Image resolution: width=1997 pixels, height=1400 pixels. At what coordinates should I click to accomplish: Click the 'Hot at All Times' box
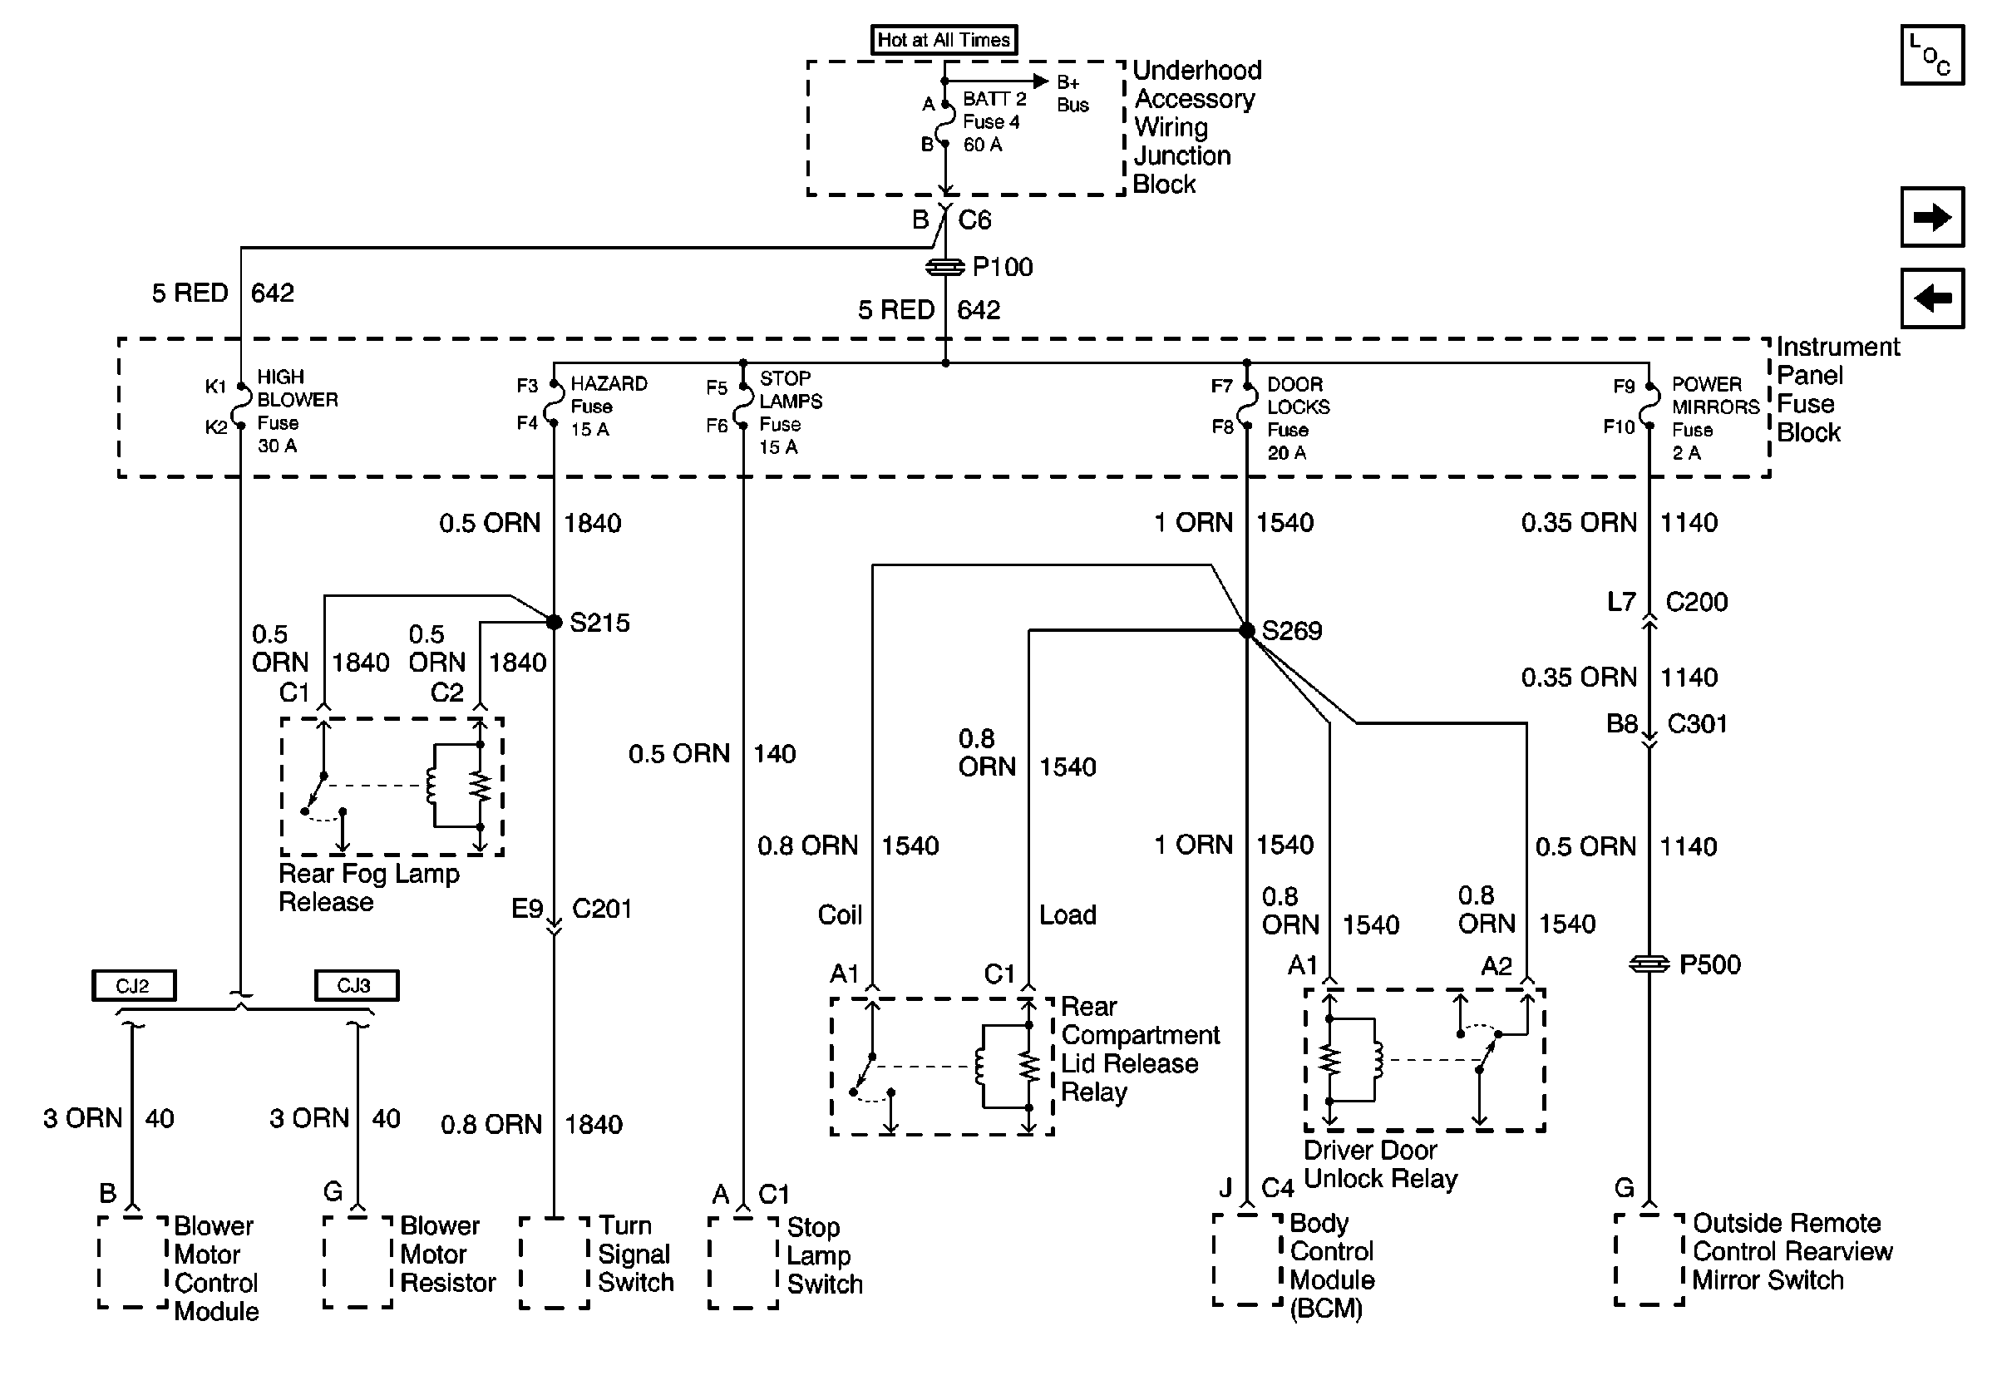[944, 40]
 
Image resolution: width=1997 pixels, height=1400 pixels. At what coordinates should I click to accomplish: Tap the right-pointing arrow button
[1932, 216]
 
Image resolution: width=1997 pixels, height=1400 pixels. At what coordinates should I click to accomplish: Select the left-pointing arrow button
[1932, 298]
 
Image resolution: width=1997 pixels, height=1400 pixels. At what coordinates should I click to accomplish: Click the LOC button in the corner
[1932, 56]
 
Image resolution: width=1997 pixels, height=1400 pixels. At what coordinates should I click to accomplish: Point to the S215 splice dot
[554, 622]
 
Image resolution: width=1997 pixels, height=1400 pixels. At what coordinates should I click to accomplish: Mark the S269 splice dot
[1246, 630]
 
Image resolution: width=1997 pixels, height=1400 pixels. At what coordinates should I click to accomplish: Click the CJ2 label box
[134, 985]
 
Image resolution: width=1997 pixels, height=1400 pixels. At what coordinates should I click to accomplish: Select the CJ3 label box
[356, 985]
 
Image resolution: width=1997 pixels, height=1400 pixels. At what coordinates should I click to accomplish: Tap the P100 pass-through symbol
[945, 267]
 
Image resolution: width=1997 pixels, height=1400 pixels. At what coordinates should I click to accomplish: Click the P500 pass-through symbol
[1648, 964]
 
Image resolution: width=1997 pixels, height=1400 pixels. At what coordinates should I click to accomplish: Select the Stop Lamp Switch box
[743, 1262]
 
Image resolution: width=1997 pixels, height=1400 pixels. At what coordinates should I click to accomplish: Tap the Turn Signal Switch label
[635, 1254]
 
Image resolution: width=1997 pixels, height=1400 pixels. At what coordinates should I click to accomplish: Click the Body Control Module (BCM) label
[1331, 1265]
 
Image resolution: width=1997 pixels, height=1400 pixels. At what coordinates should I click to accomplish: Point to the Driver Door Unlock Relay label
[1379, 1165]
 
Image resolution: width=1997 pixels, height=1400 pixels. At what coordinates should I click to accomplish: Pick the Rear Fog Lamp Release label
[368, 887]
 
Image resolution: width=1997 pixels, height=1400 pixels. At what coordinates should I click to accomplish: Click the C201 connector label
[601, 909]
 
